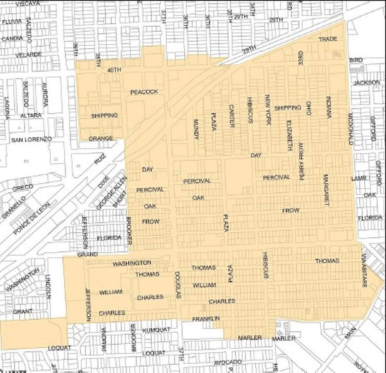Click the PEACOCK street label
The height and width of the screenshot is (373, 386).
144,92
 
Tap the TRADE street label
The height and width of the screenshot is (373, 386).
328,39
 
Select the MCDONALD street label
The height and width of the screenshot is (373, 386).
350,129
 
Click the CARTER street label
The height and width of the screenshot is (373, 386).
232,116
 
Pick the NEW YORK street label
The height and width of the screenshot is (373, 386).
268,110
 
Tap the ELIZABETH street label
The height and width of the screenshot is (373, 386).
289,136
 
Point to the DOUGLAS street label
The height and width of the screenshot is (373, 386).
178,285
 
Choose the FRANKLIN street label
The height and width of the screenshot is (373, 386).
206,319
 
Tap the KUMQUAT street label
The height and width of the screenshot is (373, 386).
156,330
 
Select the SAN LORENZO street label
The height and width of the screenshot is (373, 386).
31,139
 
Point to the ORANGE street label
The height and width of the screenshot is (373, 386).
101,139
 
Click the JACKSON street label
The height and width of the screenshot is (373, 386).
367,83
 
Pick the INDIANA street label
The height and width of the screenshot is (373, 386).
328,107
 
